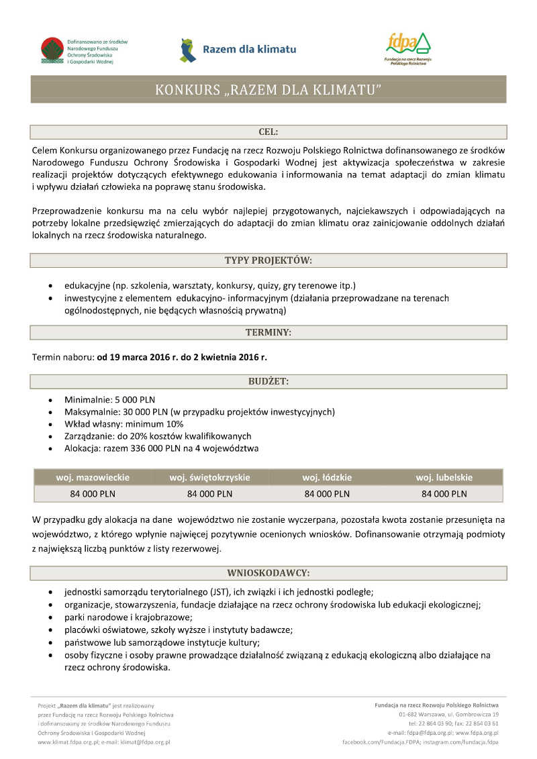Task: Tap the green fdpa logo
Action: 407,46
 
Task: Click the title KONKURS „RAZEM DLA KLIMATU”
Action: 268,89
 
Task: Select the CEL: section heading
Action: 268,132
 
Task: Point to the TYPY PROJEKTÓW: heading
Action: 268,260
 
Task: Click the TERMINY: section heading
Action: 268,332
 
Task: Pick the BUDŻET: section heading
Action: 268,381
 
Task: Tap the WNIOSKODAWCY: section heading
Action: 268,573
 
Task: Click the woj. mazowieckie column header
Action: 93,478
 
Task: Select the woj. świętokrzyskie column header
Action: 209,478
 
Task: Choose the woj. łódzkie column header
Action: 327,478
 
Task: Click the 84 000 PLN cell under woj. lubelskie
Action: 444,494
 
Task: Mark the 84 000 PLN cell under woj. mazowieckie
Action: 93,494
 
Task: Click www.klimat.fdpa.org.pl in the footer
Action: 68,742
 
